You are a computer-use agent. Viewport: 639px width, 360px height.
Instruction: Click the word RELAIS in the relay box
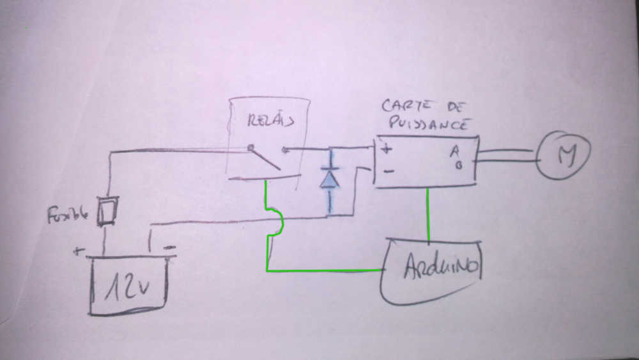tap(268, 119)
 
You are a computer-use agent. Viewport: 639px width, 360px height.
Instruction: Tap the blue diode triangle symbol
tap(330, 178)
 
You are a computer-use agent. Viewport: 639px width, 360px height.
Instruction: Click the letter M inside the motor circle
tap(564, 155)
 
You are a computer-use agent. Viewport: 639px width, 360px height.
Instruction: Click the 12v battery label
tap(128, 286)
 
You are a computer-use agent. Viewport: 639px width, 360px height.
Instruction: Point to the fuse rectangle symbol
tap(106, 211)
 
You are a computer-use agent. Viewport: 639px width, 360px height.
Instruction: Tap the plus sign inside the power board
tap(387, 150)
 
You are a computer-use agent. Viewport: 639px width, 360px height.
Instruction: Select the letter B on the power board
tap(458, 164)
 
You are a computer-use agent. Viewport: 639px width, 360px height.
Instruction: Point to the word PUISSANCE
tap(426, 123)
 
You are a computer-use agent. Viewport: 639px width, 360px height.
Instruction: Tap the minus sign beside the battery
tap(170, 247)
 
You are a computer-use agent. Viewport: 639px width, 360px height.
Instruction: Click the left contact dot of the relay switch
tap(250, 146)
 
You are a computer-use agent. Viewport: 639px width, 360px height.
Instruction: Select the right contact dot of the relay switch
tap(284, 150)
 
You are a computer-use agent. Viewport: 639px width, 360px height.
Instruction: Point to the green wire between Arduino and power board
tap(427, 214)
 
